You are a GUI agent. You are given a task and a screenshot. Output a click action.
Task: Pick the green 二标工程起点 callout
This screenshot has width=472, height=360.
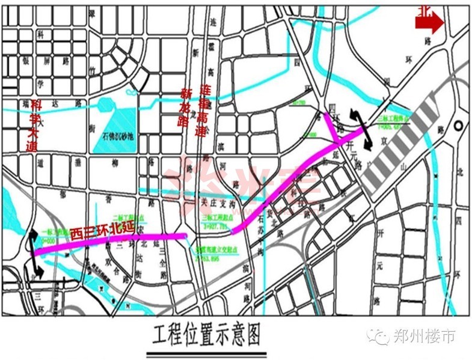click(128, 218)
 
